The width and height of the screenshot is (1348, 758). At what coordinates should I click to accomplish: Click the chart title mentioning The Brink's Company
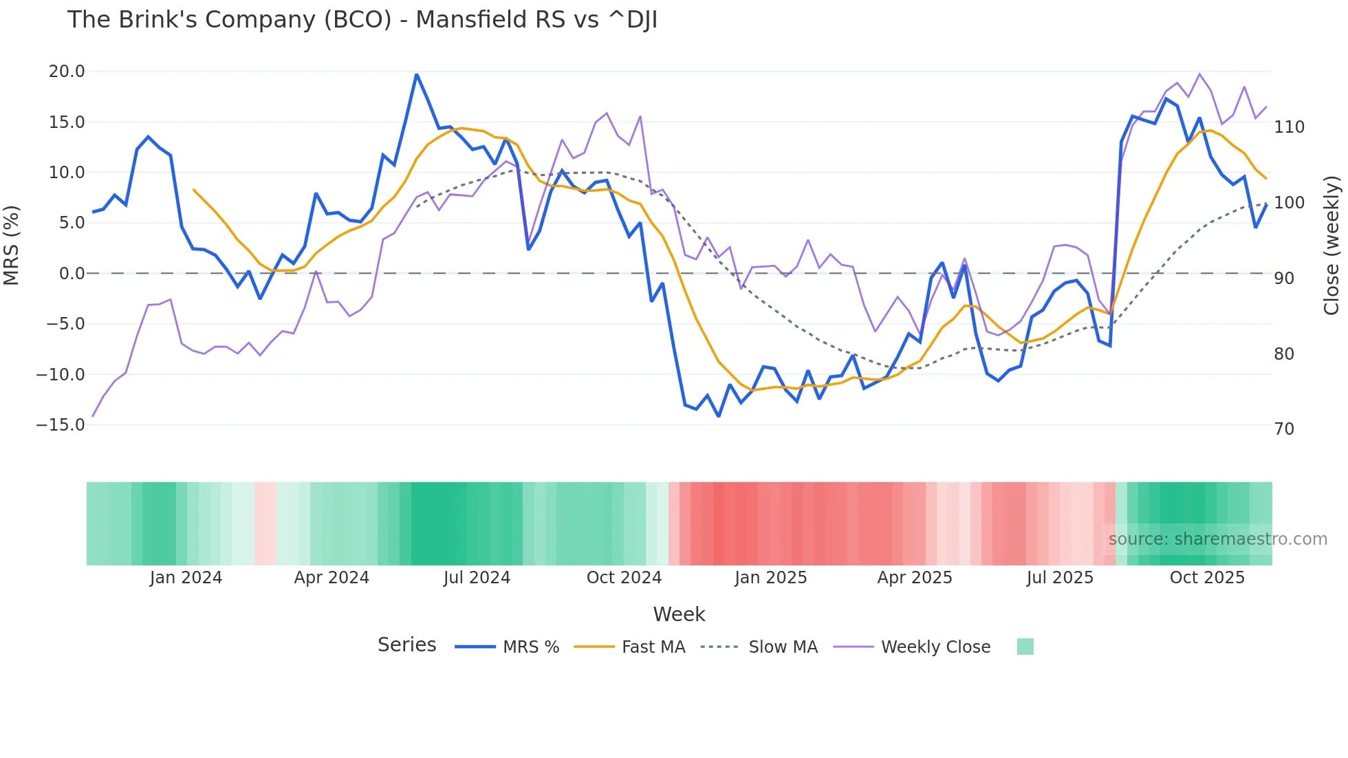pos(362,20)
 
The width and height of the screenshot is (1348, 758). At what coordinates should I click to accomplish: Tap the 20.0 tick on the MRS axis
pos(67,72)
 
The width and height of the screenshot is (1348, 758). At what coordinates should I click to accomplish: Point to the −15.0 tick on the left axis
pos(61,425)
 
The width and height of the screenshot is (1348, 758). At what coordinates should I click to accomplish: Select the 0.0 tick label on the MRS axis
pos(72,274)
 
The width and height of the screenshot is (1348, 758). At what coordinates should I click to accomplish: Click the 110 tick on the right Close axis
pos(1289,127)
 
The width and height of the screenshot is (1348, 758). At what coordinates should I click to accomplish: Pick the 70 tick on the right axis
pos(1284,429)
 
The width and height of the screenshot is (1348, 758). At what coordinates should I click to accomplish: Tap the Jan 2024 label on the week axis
pos(186,578)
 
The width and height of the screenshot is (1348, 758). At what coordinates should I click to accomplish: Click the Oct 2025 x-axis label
pos(1207,578)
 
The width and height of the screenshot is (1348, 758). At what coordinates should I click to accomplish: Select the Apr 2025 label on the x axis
pos(915,578)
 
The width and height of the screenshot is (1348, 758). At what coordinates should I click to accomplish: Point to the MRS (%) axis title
pos(12,245)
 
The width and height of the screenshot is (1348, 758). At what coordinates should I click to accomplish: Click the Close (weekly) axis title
pos(1332,245)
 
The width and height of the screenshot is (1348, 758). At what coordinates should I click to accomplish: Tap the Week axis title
pos(679,614)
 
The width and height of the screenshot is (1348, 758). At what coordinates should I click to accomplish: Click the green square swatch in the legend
pos(1025,647)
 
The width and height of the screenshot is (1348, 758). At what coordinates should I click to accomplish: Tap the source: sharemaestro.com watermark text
pos(1217,539)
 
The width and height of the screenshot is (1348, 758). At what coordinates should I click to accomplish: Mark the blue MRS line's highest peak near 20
pos(416,74)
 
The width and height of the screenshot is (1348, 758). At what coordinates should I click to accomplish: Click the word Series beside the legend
pos(406,645)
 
